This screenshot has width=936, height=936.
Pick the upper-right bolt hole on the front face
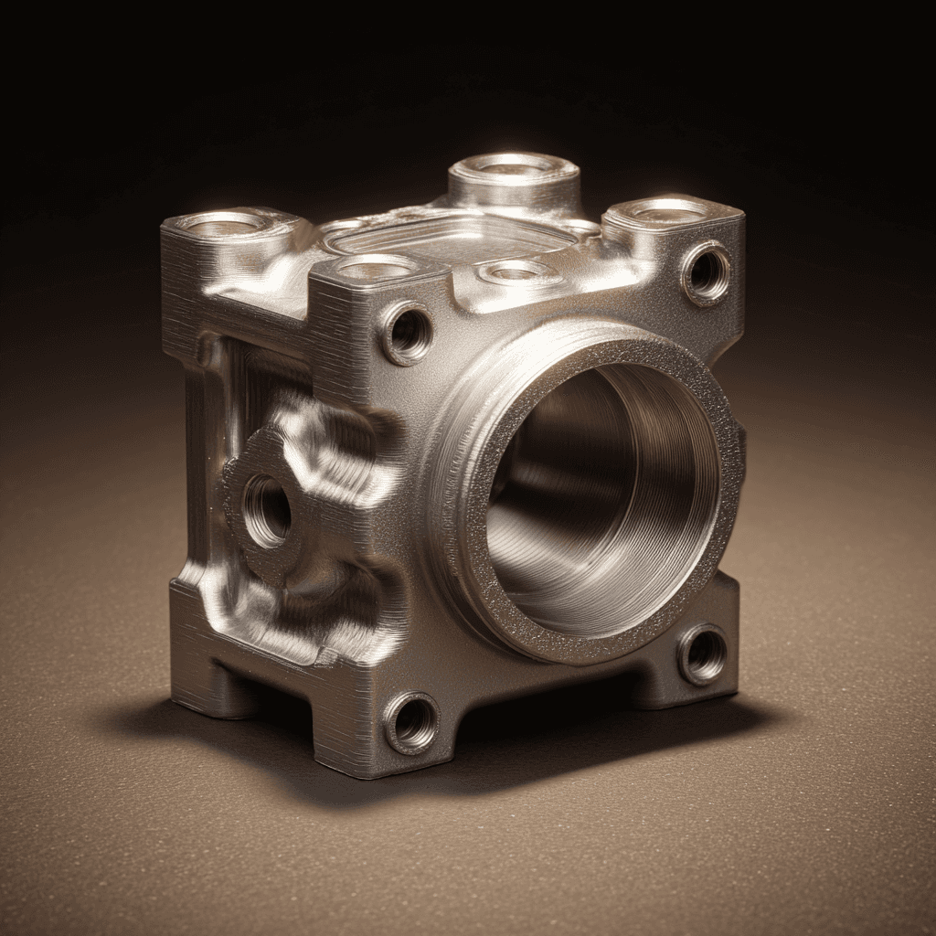[x=707, y=272]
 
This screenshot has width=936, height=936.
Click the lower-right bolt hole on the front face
[x=703, y=654]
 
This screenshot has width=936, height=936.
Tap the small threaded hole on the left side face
[x=268, y=510]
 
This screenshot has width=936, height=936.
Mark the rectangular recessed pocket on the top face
[x=448, y=236]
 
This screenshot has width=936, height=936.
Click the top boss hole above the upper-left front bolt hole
[x=375, y=268]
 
